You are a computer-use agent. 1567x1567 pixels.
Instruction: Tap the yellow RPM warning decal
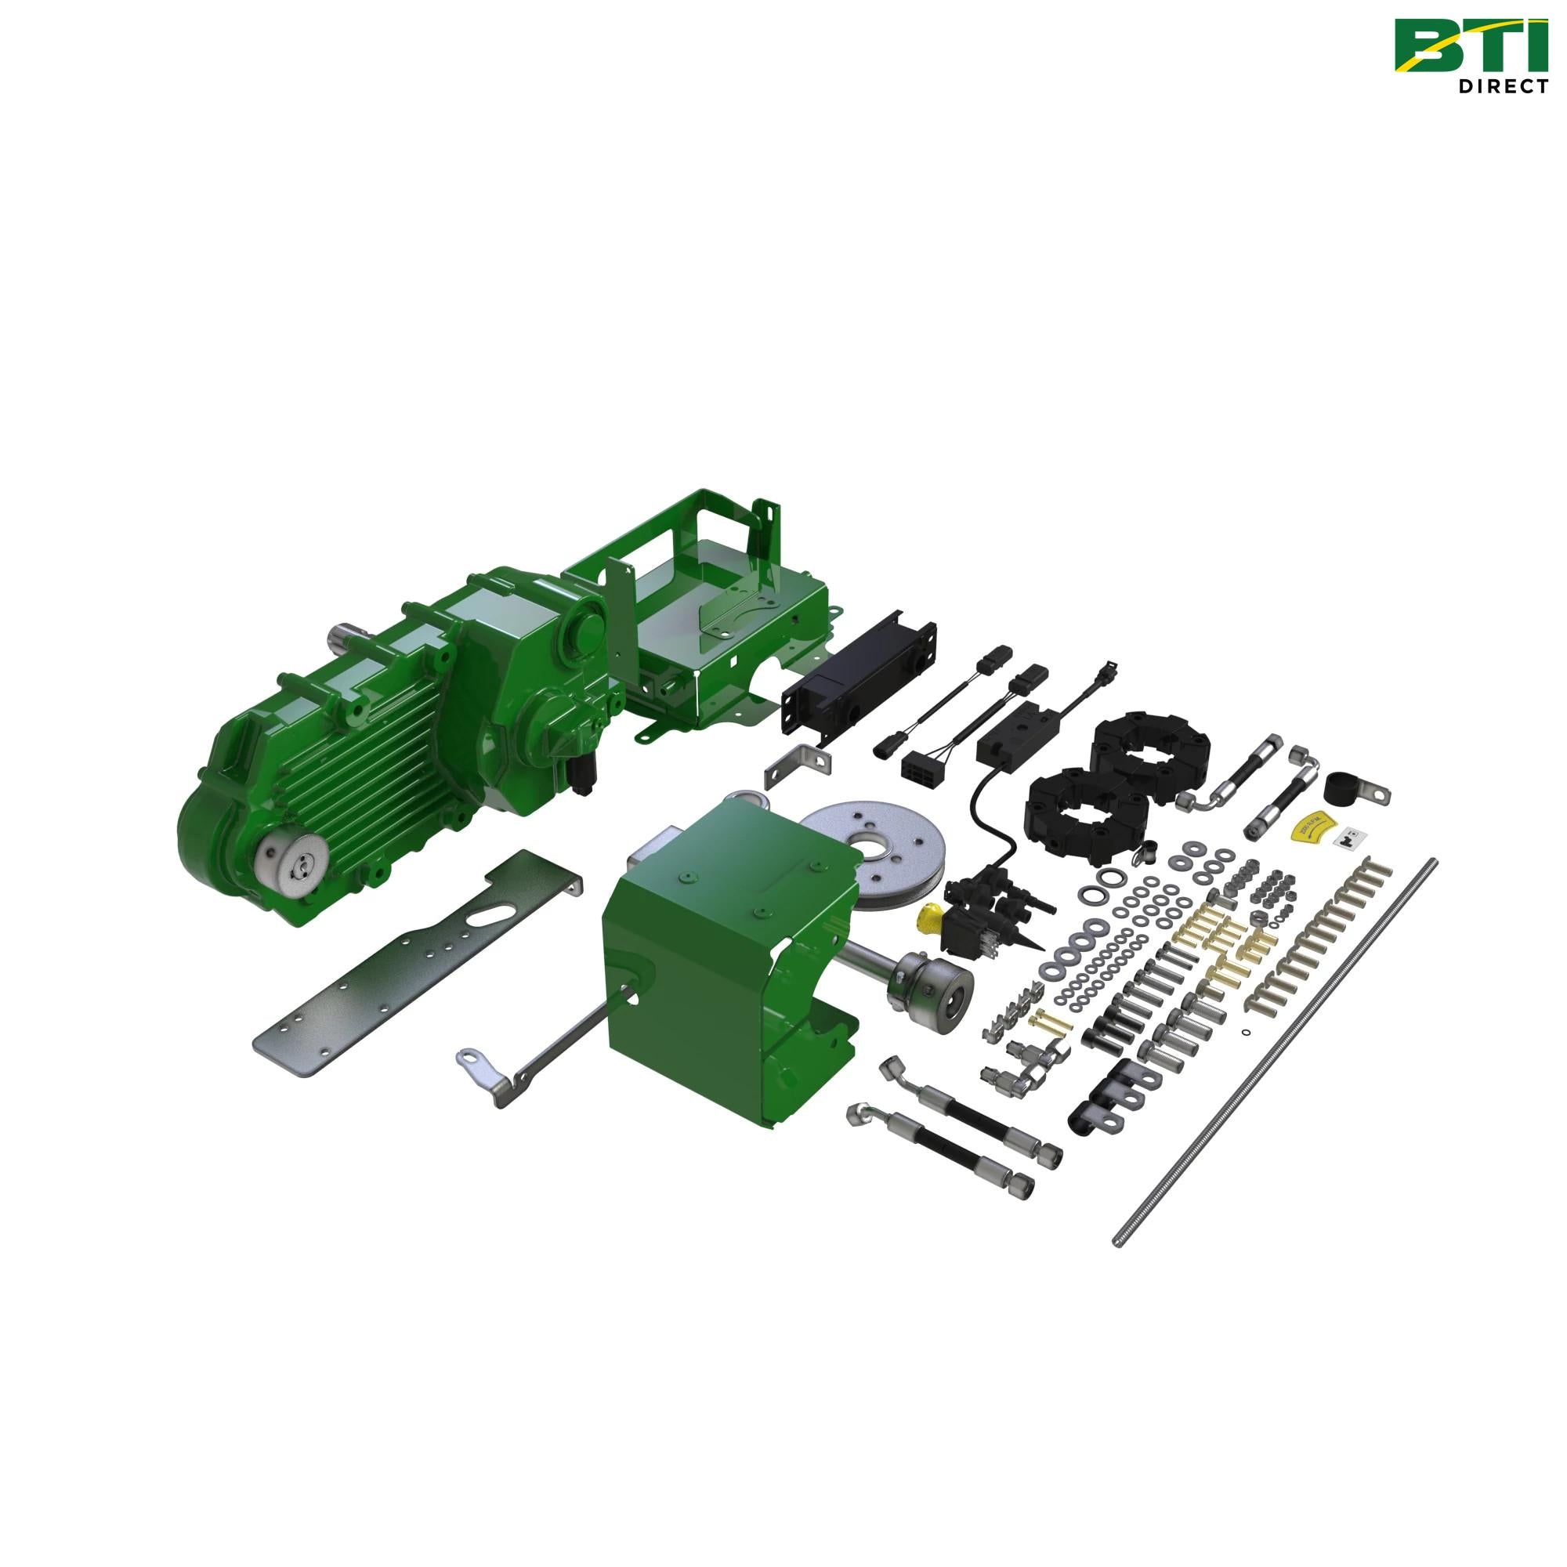[x=1307, y=822]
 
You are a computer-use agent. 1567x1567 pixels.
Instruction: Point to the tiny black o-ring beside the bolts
[x=1246, y=1033]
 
